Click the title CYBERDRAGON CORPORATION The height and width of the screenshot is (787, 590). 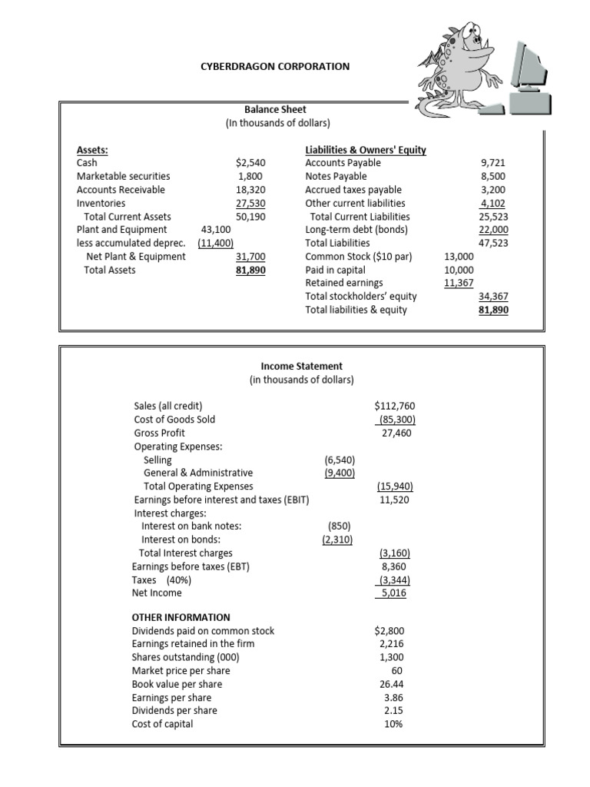(274, 67)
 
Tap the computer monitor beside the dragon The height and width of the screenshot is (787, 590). (538, 73)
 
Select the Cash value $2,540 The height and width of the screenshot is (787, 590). (250, 163)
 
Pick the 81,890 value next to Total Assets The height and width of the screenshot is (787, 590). (250, 271)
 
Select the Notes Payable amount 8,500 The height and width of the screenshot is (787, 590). (494, 177)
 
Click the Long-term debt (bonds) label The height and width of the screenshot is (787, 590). (356, 230)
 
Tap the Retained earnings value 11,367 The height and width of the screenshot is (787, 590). (459, 284)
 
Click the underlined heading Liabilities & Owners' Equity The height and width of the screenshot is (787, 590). (366, 150)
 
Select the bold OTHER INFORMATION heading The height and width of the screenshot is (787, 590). (181, 617)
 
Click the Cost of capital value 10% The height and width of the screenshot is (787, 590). (393, 724)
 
